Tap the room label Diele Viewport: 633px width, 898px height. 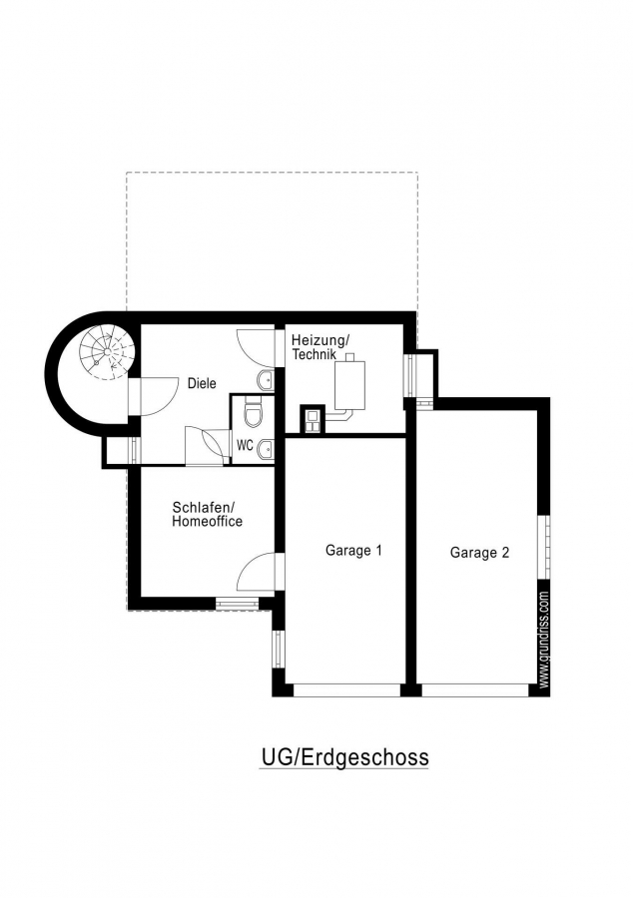(202, 383)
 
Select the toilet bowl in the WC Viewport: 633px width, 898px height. (253, 413)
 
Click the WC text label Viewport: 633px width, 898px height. (245, 445)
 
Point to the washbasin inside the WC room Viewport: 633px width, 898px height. (267, 450)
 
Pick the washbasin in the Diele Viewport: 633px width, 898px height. (267, 380)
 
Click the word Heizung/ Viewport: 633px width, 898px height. (319, 341)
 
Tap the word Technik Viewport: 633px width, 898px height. (314, 354)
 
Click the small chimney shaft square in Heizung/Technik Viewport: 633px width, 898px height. (313, 419)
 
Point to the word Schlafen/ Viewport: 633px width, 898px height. (203, 508)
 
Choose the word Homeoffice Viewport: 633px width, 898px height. (207, 521)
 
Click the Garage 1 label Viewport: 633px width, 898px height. (353, 551)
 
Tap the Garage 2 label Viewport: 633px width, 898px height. (479, 553)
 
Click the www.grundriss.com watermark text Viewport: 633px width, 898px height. (544, 640)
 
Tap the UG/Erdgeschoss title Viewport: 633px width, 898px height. (344, 757)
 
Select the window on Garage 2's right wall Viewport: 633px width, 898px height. (544, 547)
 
